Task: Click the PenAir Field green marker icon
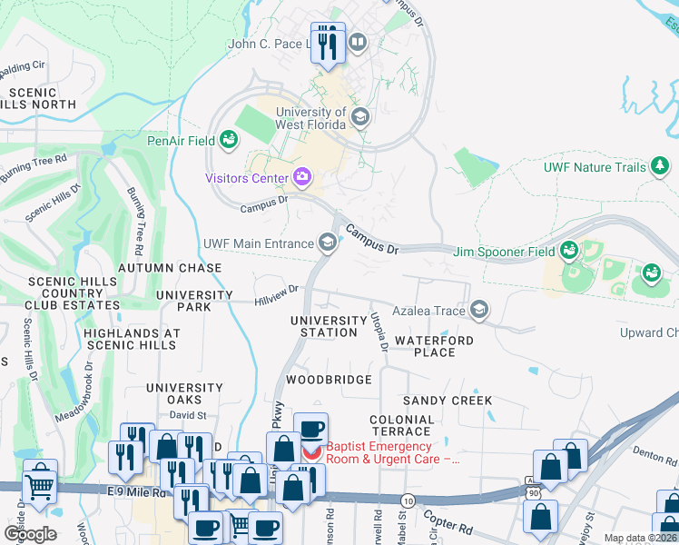click(x=229, y=141)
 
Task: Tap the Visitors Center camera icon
click(x=302, y=177)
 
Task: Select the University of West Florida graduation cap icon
click(x=360, y=117)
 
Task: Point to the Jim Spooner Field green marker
click(x=569, y=250)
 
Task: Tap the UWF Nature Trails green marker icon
click(x=661, y=166)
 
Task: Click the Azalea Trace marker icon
click(x=479, y=311)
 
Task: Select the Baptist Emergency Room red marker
click(x=311, y=451)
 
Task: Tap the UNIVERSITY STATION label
click(x=329, y=327)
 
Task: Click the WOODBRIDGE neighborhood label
click(x=329, y=379)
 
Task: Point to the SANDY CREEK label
click(x=448, y=400)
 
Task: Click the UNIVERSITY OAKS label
click(x=185, y=393)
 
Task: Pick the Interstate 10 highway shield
click(x=408, y=500)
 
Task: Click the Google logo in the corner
click(x=30, y=534)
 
